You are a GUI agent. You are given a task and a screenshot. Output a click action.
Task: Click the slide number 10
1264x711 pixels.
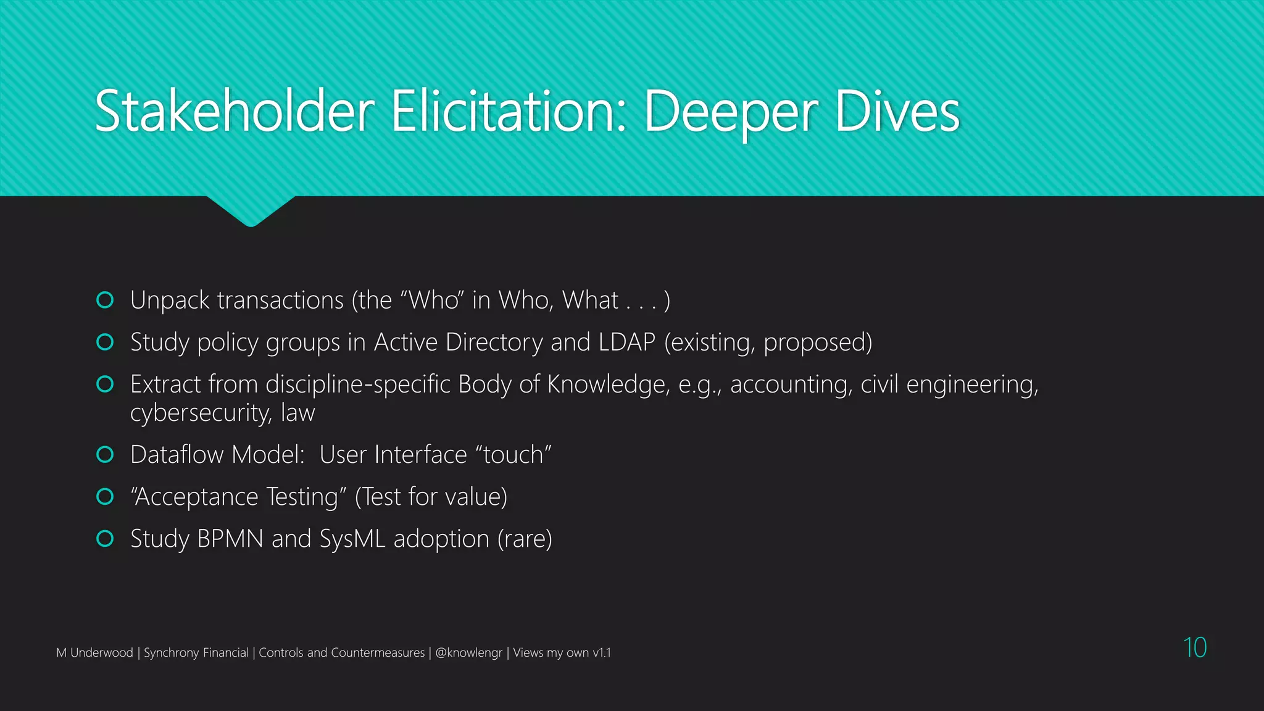[1194, 647]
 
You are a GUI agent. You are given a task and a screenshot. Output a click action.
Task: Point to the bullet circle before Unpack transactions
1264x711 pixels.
[105, 300]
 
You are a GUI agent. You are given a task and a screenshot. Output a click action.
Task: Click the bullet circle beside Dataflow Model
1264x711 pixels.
[105, 455]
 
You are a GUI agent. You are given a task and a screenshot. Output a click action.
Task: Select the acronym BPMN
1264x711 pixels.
[230, 539]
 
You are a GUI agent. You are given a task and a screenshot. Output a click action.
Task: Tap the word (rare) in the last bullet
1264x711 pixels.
[525, 539]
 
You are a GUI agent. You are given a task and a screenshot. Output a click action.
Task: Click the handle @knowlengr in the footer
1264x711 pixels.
[468, 652]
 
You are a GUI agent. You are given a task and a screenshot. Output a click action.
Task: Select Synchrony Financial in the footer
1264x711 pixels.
[196, 652]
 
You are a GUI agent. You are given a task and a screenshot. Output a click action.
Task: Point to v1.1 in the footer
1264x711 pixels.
[602, 652]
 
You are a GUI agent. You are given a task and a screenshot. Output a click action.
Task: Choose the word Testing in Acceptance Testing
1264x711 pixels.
[302, 497]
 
